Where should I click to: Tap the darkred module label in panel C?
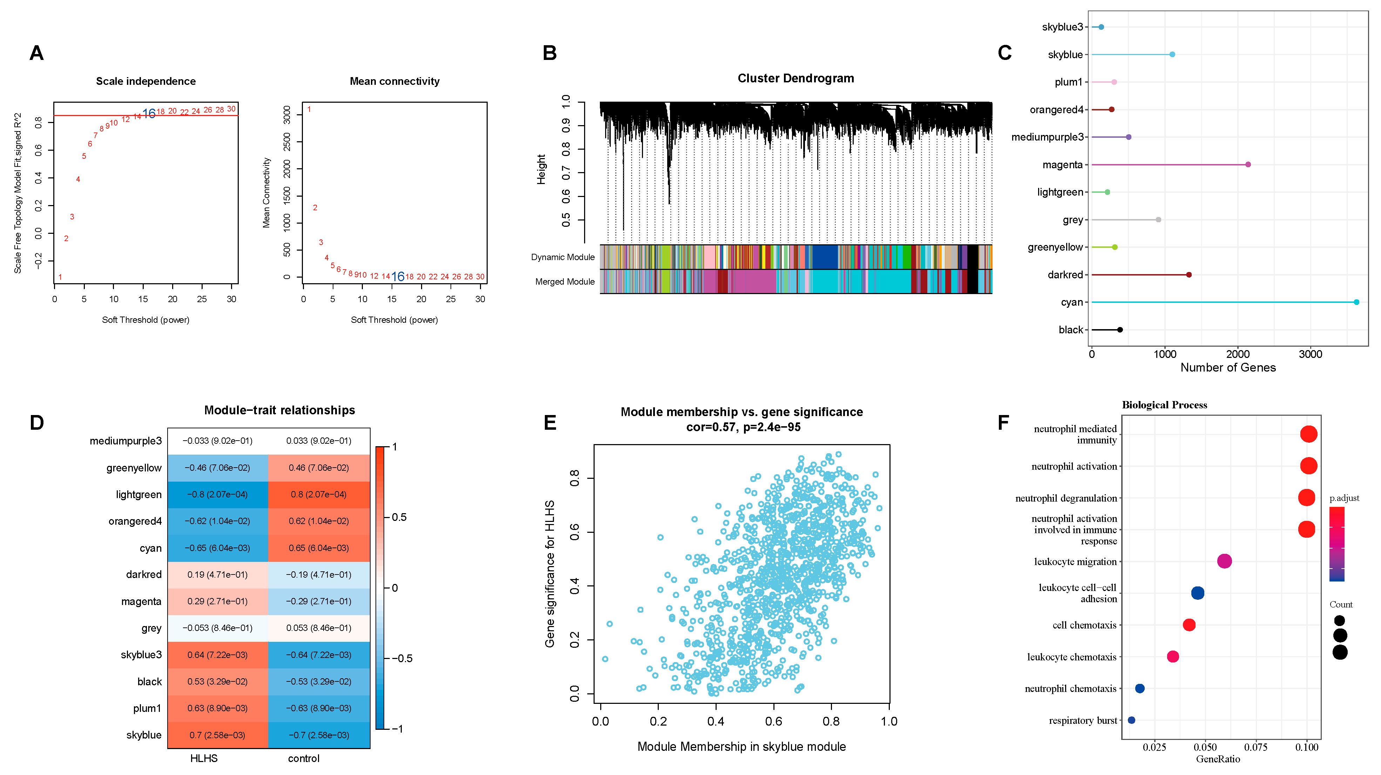1065,275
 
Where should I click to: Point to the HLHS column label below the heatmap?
204,759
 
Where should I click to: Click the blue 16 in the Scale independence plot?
149,114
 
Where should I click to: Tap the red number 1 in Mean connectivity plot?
309,109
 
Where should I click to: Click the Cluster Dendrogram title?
795,78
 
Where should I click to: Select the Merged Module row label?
564,282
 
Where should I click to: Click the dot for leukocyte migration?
1224,561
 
